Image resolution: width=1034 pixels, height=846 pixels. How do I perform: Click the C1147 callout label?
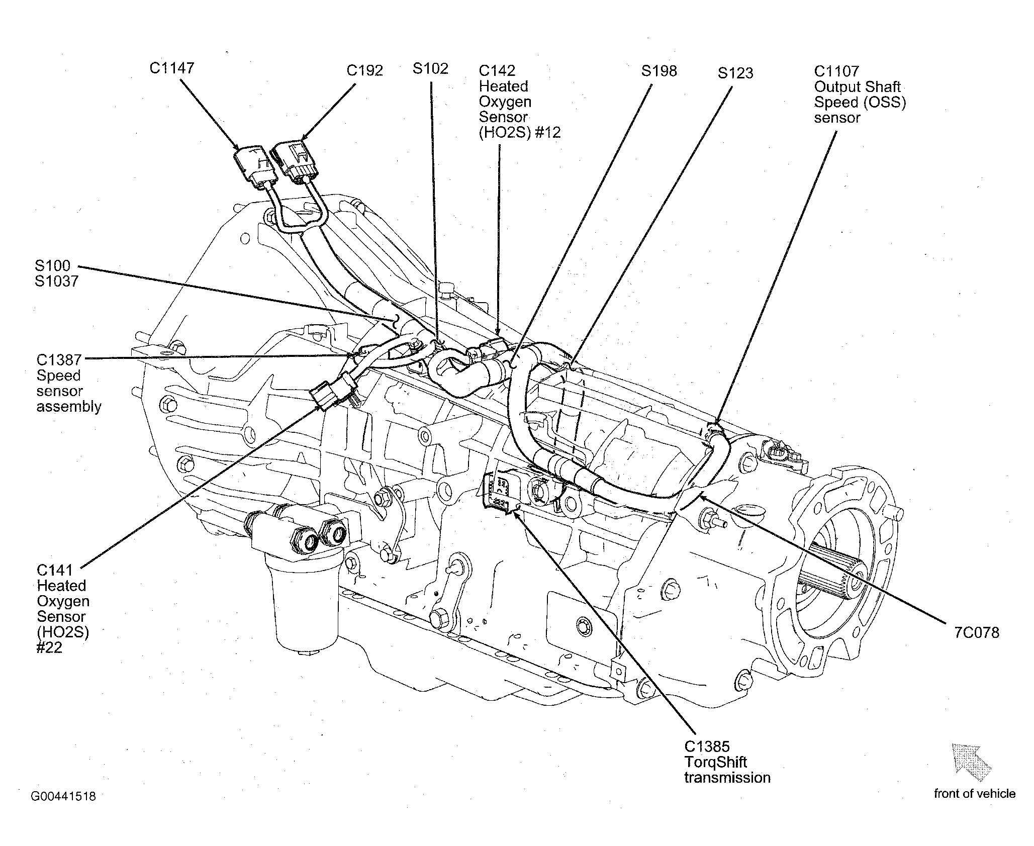(172, 68)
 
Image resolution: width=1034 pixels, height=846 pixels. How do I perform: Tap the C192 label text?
(365, 70)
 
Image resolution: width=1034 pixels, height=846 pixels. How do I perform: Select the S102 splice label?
(430, 68)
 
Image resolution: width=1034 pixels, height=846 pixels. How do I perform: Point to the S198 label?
(659, 71)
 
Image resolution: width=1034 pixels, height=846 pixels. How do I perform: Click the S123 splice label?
(735, 73)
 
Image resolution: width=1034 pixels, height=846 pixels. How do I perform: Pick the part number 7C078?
(977, 632)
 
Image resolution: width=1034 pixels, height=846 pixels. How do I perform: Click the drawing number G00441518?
(63, 796)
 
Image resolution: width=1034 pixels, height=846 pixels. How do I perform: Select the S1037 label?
(57, 281)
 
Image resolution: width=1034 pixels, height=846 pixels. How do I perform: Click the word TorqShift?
(716, 762)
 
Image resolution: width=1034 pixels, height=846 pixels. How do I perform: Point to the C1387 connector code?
(59, 360)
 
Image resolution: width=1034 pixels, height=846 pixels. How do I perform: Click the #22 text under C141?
(49, 647)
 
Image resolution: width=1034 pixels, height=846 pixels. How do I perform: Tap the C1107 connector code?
(836, 71)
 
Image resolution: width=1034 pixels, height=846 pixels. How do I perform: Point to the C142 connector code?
(497, 71)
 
